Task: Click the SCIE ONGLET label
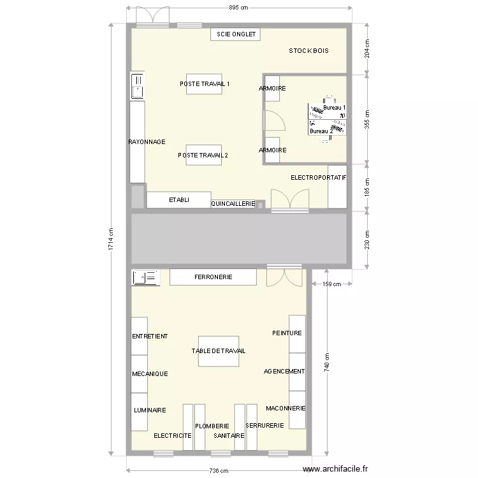235,34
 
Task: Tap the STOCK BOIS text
308,50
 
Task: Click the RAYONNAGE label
147,141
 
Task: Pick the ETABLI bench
178,200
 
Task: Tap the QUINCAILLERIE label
233,204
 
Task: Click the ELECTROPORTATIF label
318,177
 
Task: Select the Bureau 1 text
335,108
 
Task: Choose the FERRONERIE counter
213,277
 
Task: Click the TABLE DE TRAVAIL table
219,351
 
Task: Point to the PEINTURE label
287,333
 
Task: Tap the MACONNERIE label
286,408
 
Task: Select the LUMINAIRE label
150,410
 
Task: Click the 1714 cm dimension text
110,240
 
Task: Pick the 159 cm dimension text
332,284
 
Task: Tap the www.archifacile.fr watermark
336,468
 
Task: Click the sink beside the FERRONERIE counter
145,277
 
